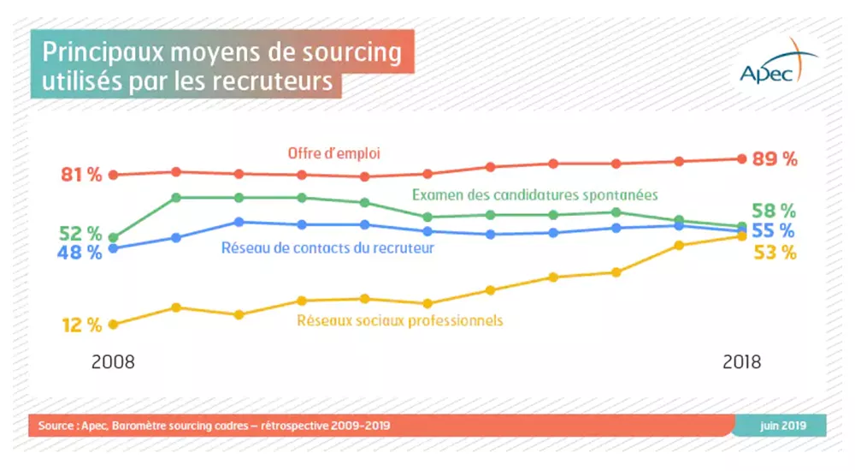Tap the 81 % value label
click(81, 175)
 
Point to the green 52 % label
click(81, 234)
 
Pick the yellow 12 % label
click(81, 325)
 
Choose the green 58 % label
click(775, 211)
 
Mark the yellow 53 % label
click(775, 253)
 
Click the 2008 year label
click(113, 361)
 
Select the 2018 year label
click(741, 361)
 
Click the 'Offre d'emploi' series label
click(333, 153)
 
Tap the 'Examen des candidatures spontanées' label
click(534, 194)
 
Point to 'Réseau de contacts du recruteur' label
click(328, 248)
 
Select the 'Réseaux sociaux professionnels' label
click(400, 320)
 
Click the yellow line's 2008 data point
click(113, 325)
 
